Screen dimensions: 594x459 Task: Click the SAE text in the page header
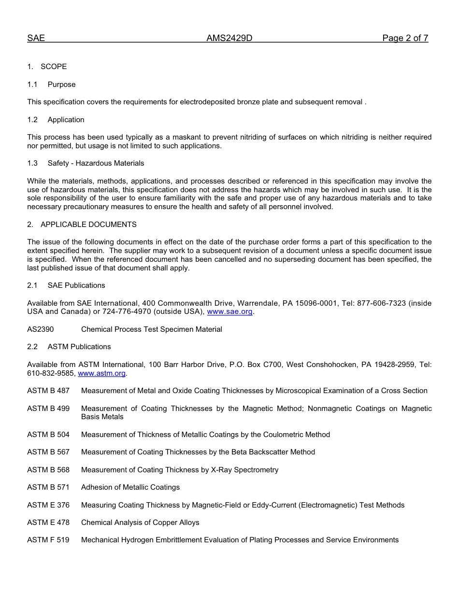[x=36, y=39]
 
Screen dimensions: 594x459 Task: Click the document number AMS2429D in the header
[x=229, y=39]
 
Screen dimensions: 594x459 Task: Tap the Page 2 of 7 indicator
[x=405, y=39]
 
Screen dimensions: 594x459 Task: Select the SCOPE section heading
[x=54, y=67]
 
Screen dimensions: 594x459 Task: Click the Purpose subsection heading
[x=61, y=85]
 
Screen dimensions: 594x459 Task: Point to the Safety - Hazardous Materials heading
[x=96, y=163]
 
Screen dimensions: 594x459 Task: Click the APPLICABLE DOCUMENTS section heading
[x=88, y=225]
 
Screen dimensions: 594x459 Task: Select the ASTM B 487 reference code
[x=48, y=391]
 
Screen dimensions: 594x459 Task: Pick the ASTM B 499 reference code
[x=48, y=409]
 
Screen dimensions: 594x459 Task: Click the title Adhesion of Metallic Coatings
[x=130, y=487]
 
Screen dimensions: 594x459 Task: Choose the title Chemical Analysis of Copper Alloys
[x=140, y=523]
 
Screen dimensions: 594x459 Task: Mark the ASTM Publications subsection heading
[x=79, y=347]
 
